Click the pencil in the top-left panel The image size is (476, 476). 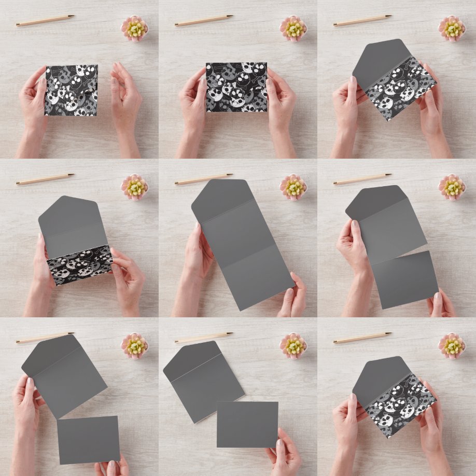click(45, 20)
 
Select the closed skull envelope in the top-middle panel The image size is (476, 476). click(236, 87)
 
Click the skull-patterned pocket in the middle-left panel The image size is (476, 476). click(80, 264)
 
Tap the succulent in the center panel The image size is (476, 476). click(293, 187)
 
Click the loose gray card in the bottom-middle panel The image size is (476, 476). click(247, 424)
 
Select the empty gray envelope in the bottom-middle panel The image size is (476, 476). click(203, 381)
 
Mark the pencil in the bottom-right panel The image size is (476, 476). click(362, 338)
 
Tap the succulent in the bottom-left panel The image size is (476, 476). click(134, 345)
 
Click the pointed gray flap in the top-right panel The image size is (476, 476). click(379, 62)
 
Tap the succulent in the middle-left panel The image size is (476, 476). click(134, 187)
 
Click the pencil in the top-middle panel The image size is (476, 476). click(204, 20)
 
